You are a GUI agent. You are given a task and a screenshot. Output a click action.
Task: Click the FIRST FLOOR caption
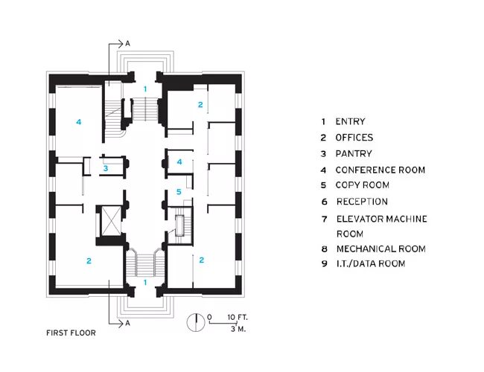click(x=71, y=333)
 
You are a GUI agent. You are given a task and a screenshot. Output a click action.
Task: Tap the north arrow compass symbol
click(x=196, y=322)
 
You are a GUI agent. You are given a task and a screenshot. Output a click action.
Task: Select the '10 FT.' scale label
click(x=238, y=317)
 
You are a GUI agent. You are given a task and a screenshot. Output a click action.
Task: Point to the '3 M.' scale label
click(x=238, y=329)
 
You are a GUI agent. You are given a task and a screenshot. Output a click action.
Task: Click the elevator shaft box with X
click(x=112, y=221)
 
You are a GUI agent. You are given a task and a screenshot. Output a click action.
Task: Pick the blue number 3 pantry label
click(x=106, y=168)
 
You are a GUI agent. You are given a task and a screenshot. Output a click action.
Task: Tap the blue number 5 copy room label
click(x=179, y=192)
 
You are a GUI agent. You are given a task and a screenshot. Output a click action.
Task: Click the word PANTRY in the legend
click(x=354, y=153)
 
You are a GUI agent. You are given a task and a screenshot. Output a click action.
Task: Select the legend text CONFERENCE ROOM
click(x=380, y=170)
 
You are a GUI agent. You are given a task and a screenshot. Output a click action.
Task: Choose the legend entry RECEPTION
click(x=362, y=202)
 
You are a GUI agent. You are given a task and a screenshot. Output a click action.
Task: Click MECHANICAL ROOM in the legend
click(x=381, y=249)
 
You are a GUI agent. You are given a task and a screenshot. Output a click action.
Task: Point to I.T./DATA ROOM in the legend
click(x=371, y=263)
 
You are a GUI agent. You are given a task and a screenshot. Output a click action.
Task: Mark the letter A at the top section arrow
click(x=127, y=44)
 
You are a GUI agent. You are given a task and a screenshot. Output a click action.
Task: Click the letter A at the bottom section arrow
click(x=127, y=323)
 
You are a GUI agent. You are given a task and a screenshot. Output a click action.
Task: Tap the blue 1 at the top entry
click(x=145, y=89)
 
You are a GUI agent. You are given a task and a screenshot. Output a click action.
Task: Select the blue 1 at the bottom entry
click(x=145, y=282)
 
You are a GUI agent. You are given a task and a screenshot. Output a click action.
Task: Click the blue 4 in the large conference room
click(x=79, y=122)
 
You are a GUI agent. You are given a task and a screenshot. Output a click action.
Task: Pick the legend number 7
click(x=324, y=219)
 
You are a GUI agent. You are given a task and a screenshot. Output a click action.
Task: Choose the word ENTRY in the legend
click(x=351, y=121)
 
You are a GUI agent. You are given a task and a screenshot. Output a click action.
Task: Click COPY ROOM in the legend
click(x=363, y=185)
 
